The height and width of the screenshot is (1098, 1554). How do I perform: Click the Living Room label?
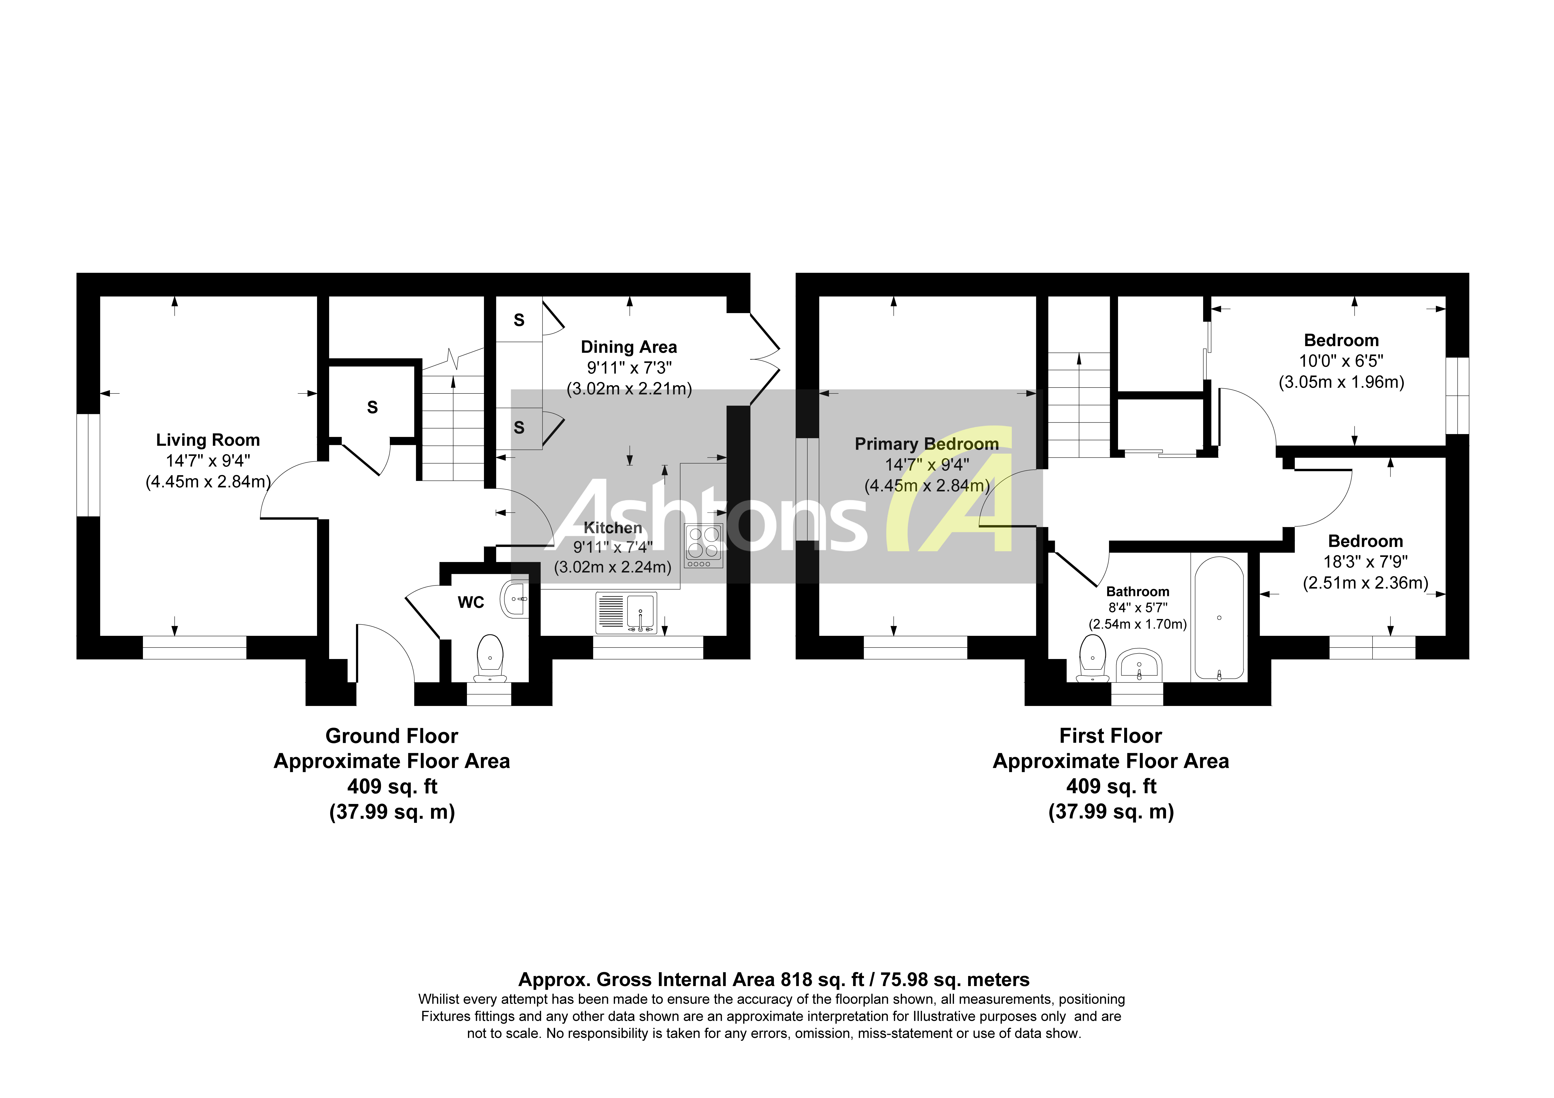208,440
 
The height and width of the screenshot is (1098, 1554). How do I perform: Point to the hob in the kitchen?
703,546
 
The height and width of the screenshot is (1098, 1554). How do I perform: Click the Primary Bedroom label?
926,444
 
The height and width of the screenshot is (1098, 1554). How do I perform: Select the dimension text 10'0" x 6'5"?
1341,361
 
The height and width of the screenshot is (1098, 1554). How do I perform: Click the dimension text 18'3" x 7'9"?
1365,562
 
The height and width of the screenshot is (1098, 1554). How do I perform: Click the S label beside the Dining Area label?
519,320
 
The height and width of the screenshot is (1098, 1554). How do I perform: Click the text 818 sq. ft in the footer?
822,979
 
